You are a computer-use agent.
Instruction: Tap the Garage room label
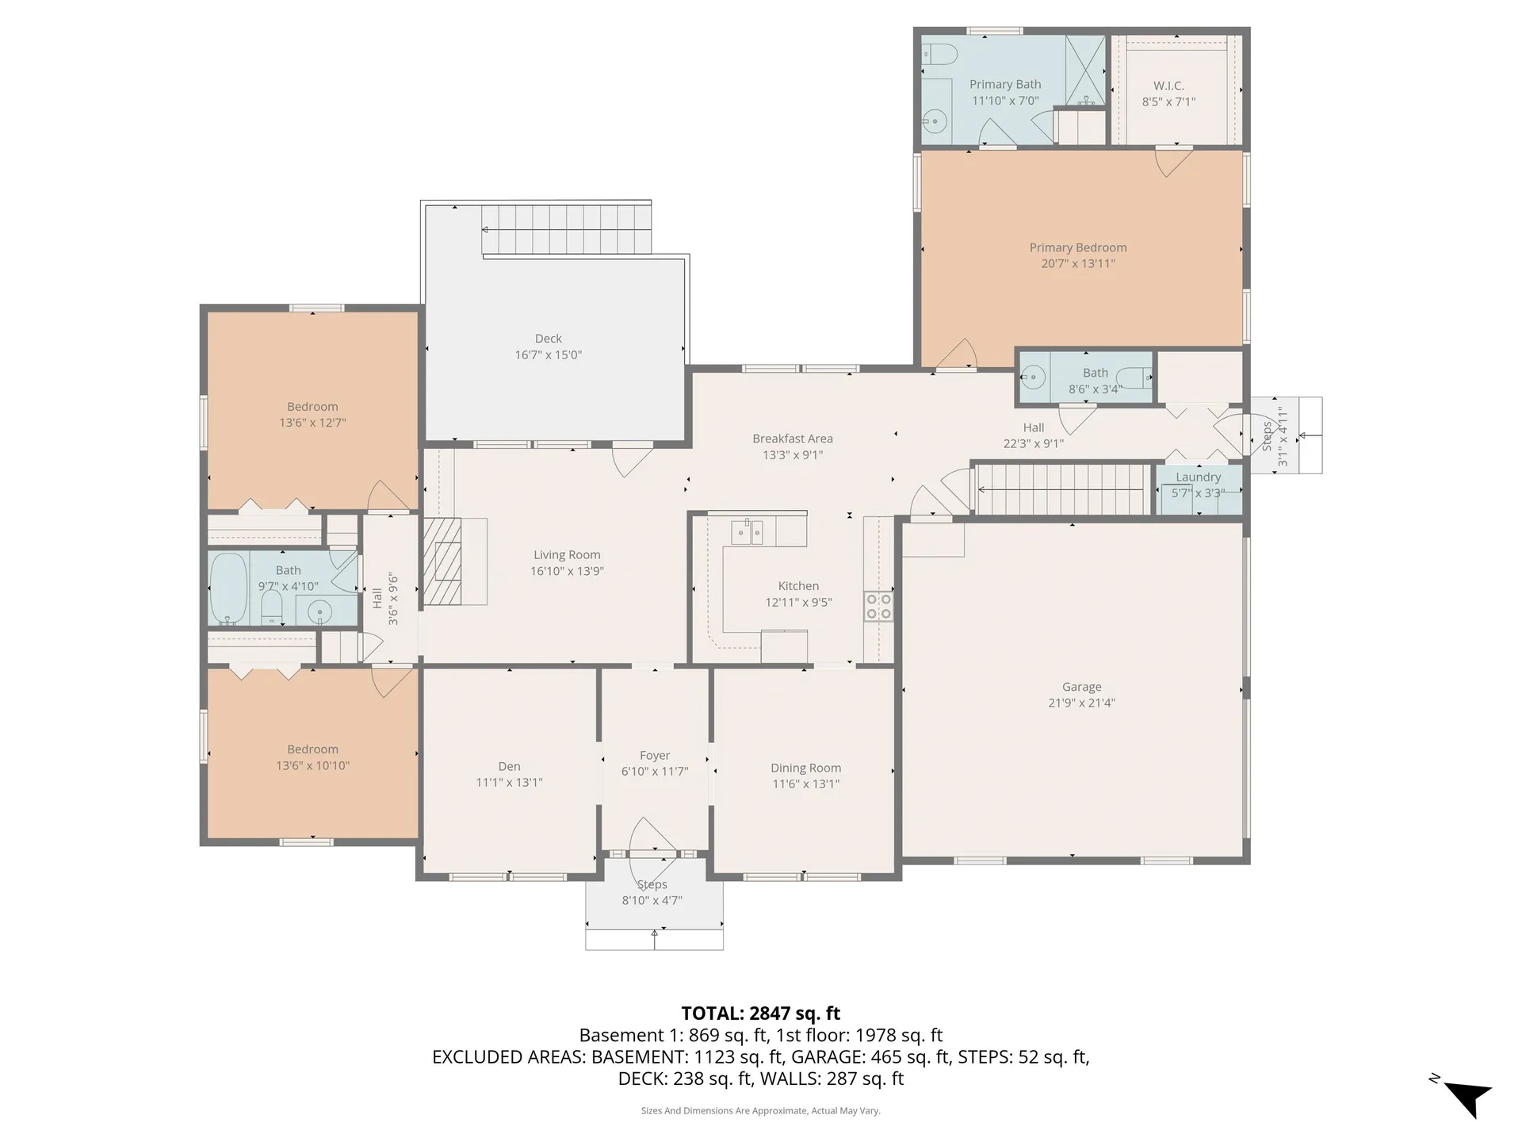1081,687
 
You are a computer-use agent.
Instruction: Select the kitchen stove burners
878,606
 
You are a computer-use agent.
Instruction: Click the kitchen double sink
747,531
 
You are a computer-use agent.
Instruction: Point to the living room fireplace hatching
442,561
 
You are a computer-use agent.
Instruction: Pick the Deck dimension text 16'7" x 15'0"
549,354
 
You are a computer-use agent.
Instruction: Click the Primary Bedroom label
1078,247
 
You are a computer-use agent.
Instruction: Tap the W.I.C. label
1168,86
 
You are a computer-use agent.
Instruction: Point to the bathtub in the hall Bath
229,588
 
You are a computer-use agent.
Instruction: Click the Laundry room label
1198,477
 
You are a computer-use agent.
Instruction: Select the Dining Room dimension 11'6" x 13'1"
805,784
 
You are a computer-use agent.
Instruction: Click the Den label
509,766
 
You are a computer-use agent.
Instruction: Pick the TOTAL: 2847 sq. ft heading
761,1014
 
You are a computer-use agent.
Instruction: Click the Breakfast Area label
793,439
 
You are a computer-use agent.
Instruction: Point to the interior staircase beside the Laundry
1061,489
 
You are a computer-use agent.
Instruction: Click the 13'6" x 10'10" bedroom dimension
312,765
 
